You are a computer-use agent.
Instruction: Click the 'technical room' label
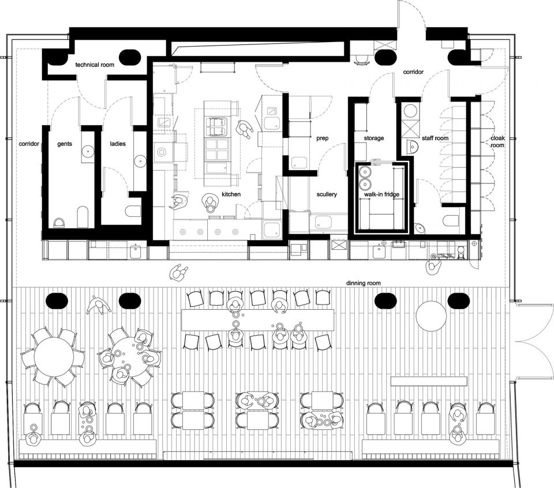click(x=95, y=65)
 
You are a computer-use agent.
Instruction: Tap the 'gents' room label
click(x=64, y=144)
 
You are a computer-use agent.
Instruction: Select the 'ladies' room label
click(x=118, y=144)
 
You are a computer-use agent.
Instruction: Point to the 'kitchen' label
click(x=231, y=194)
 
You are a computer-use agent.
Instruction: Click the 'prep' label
click(x=322, y=138)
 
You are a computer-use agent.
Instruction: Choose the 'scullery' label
click(x=327, y=194)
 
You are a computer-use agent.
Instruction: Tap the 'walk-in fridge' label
click(x=381, y=194)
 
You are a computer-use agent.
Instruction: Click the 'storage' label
click(x=374, y=138)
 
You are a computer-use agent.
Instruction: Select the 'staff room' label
click(x=435, y=138)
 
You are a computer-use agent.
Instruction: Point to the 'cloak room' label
click(x=497, y=141)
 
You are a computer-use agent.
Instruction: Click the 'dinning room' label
click(x=363, y=283)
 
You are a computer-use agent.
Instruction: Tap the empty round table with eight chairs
click(x=54, y=357)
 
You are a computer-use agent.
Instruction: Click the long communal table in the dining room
click(x=257, y=320)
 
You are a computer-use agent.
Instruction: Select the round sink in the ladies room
click(x=140, y=162)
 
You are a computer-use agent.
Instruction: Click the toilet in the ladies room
click(x=133, y=211)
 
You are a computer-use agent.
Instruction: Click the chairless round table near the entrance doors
click(x=432, y=316)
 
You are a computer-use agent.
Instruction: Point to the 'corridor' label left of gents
click(x=29, y=144)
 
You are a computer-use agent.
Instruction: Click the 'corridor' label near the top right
click(x=413, y=72)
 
